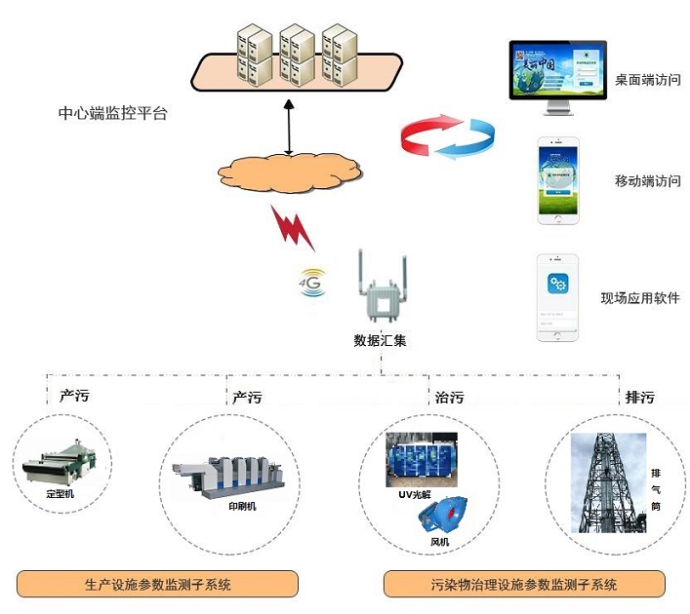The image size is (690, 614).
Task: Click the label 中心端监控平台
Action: (112, 113)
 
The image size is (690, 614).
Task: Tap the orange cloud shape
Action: (290, 170)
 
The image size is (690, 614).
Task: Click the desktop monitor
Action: (558, 75)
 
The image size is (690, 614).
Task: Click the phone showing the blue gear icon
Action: (557, 297)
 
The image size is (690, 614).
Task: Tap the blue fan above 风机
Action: (443, 515)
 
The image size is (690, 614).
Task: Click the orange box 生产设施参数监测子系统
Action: (157, 585)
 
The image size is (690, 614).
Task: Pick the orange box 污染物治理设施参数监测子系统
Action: (525, 585)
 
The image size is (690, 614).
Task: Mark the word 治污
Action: (448, 397)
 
